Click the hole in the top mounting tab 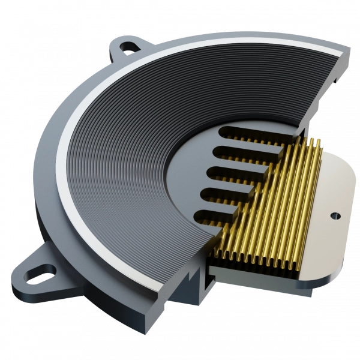tap(128, 44)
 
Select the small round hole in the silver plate tap(335, 213)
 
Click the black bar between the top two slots tap(240, 143)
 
